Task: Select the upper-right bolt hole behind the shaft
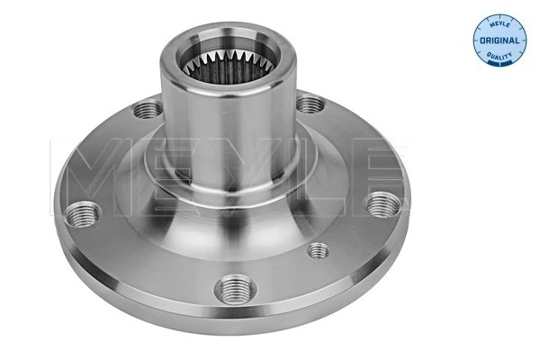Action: point(310,105)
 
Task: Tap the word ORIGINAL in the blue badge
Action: point(497,40)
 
